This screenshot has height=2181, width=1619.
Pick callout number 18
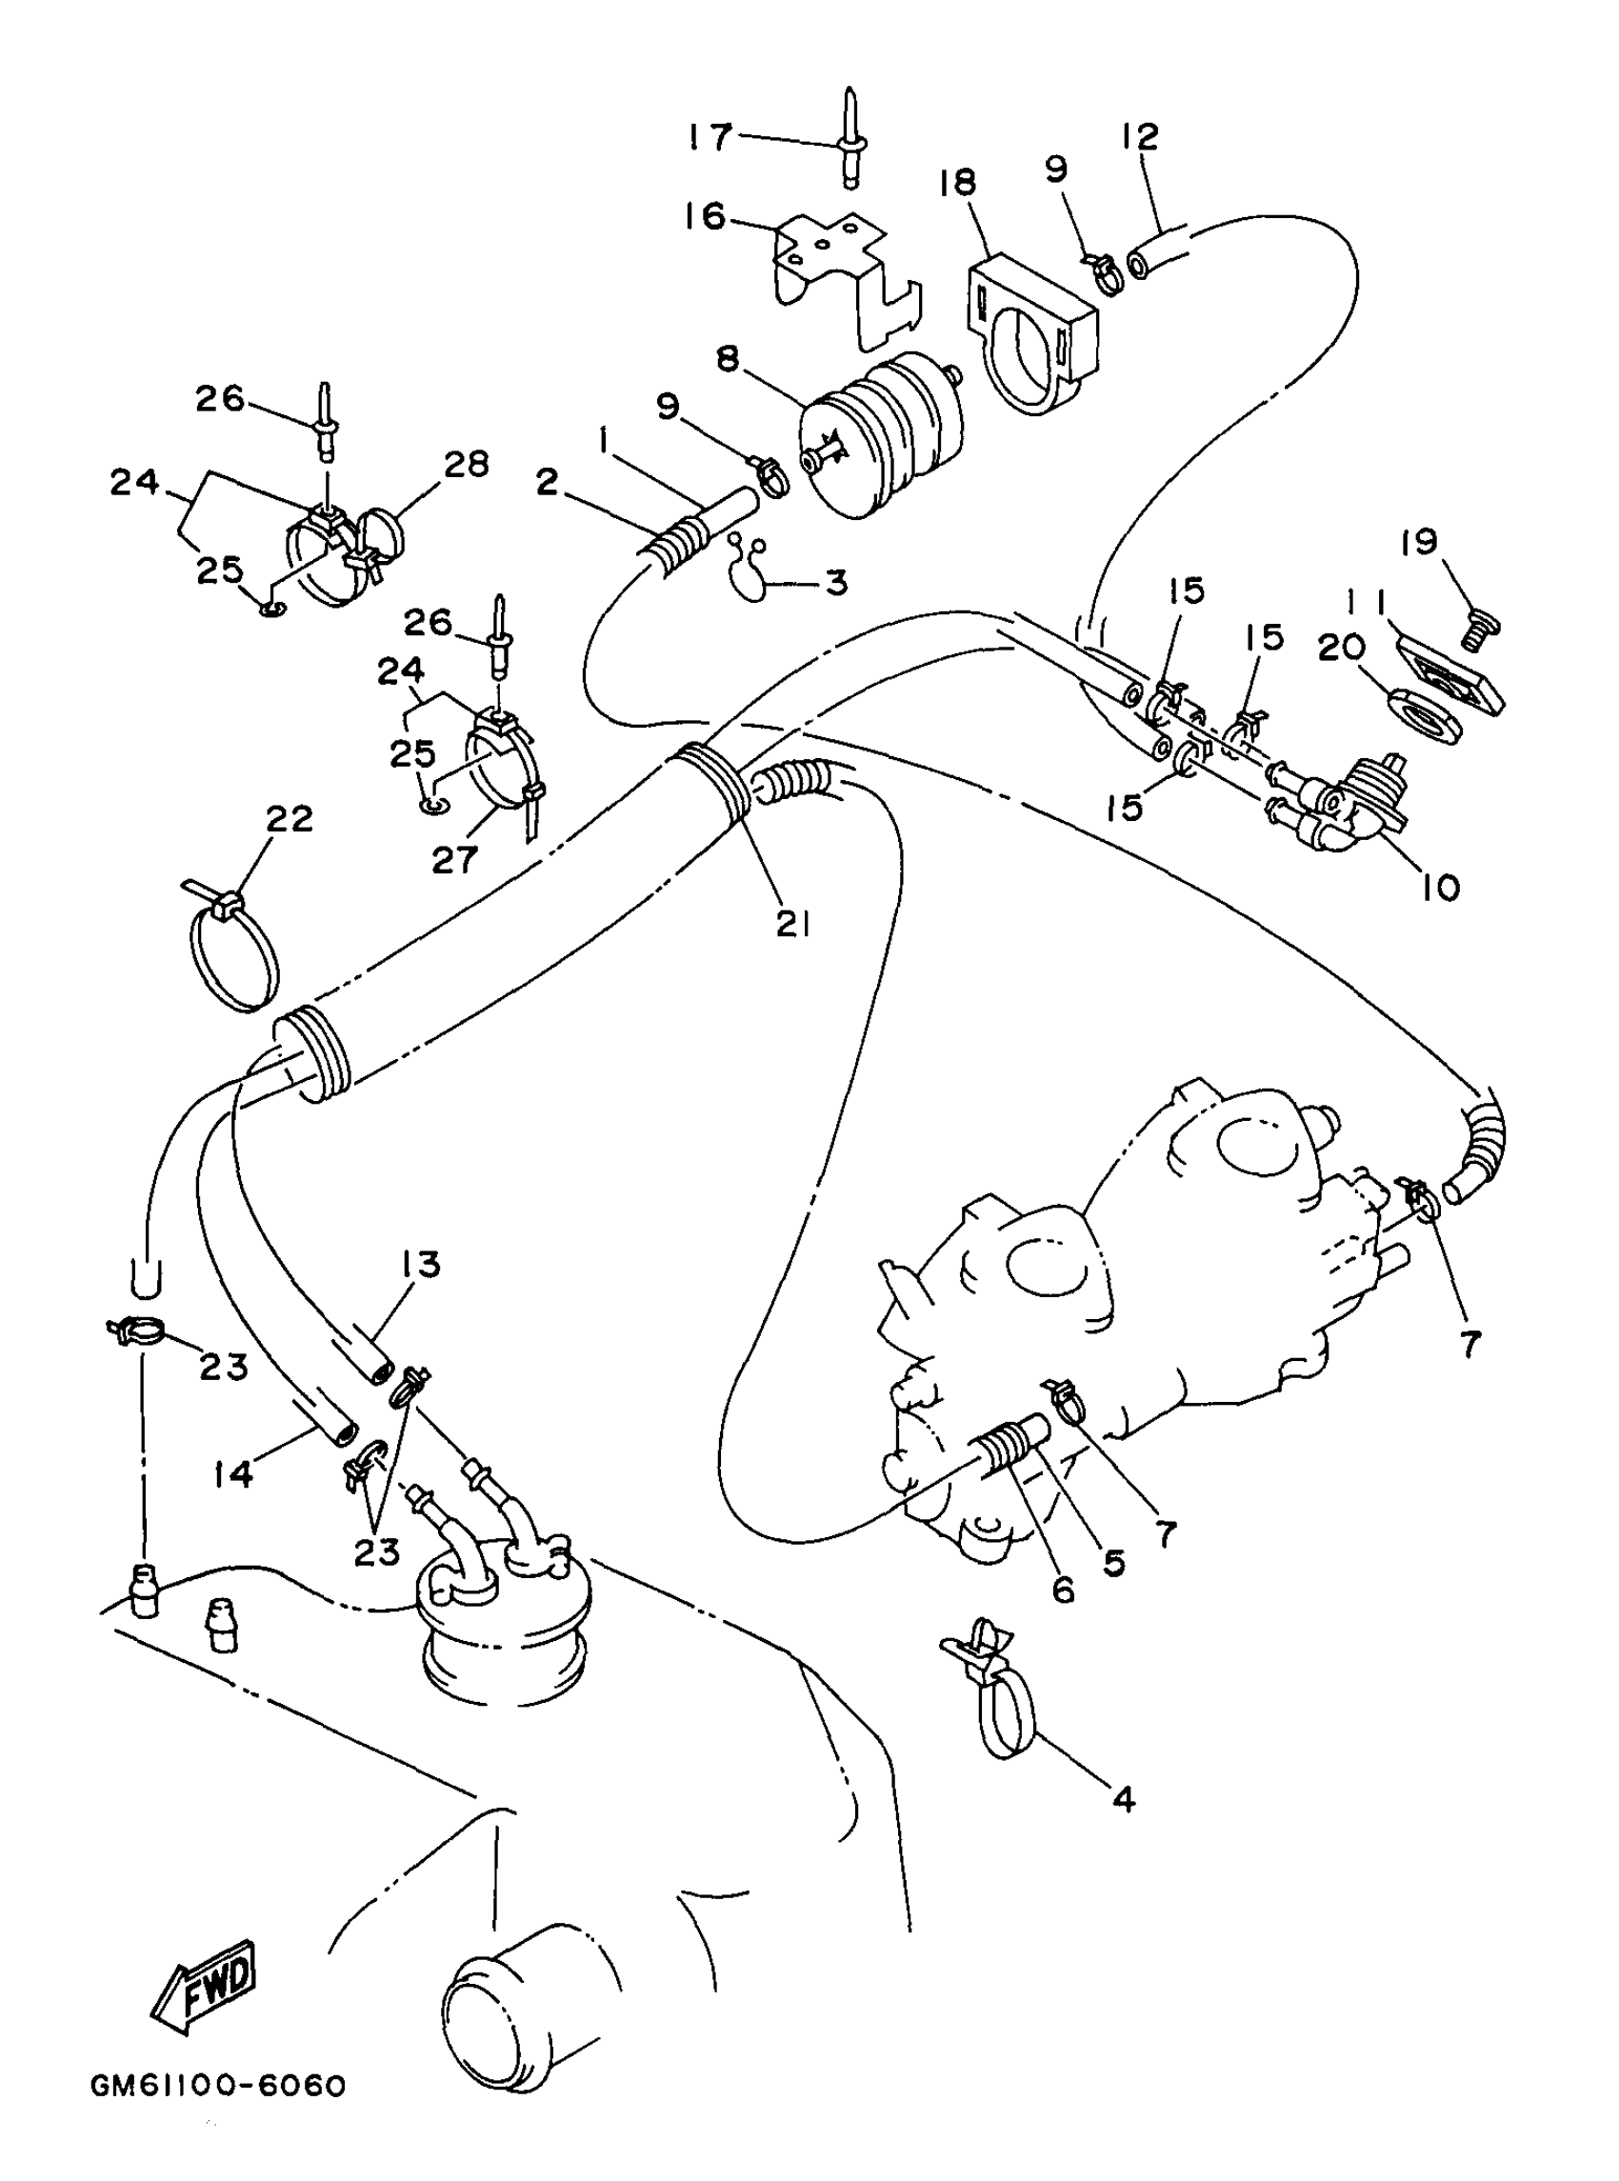pyautogui.click(x=957, y=182)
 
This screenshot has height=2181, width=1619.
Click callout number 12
pyautogui.click(x=1140, y=136)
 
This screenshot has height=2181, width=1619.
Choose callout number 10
pyautogui.click(x=1441, y=888)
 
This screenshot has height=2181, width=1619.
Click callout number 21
pyautogui.click(x=793, y=922)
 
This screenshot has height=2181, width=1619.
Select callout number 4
pyautogui.click(x=1124, y=1799)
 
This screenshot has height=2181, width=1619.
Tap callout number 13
pyautogui.click(x=421, y=1264)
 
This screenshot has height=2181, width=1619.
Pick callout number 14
pyautogui.click(x=234, y=1473)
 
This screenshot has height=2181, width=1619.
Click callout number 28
pyautogui.click(x=467, y=465)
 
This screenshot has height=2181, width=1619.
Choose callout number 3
pyautogui.click(x=835, y=583)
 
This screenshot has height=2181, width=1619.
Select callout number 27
pyautogui.click(x=454, y=859)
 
